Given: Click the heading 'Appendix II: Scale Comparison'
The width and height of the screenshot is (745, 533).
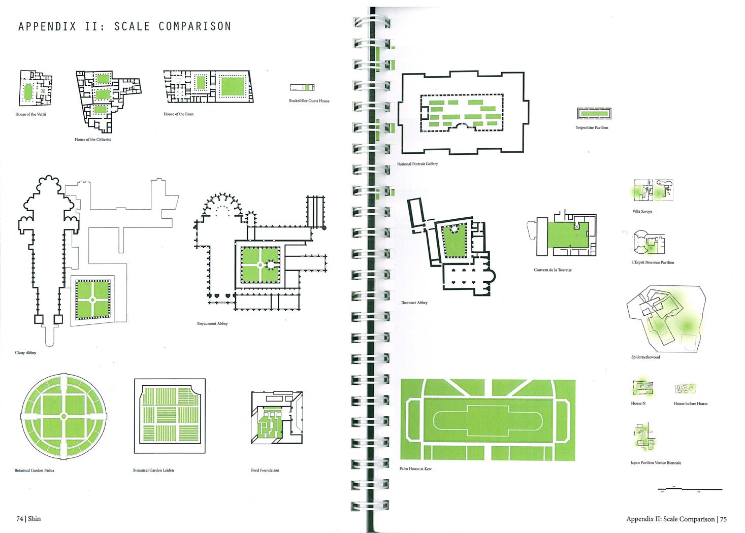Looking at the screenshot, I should pos(124,26).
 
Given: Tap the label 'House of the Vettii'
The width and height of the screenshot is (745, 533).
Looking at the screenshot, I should pos(30,114).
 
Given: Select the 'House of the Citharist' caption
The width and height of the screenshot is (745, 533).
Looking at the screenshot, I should pos(92,139).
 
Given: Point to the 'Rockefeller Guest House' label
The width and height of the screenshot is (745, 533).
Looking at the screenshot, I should pos(309,101).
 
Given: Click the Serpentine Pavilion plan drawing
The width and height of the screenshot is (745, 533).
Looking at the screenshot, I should pos(593,113).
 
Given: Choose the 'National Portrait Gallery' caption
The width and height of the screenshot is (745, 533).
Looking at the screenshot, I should pos(417,164).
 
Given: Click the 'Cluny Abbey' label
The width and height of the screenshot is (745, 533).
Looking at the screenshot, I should pos(25,352).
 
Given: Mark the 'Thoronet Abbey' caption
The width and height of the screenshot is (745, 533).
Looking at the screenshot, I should pos(414,303).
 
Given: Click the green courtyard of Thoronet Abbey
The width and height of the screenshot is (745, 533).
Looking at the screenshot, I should pos(455,241).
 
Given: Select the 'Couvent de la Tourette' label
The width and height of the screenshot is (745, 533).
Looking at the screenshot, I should pos(553,270).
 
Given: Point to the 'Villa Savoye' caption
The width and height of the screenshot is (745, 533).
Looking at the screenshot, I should pos(642,211).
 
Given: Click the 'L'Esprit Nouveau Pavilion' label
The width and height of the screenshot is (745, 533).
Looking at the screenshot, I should pos(653,262).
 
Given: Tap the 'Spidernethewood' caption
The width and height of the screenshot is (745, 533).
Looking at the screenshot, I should pos(645,357).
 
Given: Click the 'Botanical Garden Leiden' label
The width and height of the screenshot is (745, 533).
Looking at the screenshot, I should pos(153,471).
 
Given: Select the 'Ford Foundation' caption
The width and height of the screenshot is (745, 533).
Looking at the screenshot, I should pos(265,470).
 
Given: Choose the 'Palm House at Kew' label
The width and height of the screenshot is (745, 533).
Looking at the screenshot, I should pos(415,469).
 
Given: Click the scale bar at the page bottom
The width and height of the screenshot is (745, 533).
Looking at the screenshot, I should pos(689,489).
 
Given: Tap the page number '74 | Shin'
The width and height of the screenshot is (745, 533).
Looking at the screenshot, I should pos(28,519).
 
